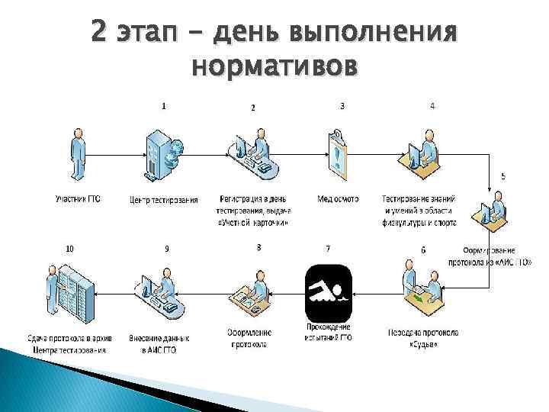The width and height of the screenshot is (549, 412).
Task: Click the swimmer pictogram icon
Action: [328, 294]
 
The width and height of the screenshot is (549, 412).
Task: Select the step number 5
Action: [502, 176]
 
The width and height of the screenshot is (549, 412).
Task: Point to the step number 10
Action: [70, 248]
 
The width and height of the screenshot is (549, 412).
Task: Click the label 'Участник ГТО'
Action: [78, 199]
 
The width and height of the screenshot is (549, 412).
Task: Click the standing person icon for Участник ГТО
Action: [76, 156]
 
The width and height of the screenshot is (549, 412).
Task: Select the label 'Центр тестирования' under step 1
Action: [164, 200]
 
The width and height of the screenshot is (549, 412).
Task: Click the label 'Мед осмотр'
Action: [338, 199]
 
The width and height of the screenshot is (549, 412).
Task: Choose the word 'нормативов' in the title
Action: [274, 68]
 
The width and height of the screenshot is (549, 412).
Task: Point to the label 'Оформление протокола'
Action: [249, 338]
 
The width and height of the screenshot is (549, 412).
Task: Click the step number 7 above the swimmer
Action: [328, 248]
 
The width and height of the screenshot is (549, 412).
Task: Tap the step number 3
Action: [342, 106]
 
